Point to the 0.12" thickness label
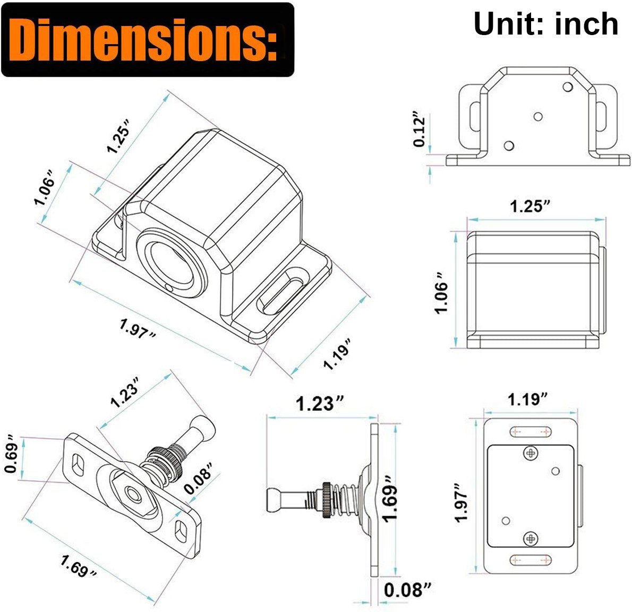click(x=420, y=126)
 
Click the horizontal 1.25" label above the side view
click(x=531, y=207)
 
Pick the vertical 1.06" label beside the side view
click(x=441, y=292)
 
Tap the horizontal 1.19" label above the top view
click(x=527, y=399)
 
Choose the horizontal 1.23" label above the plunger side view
click(x=320, y=404)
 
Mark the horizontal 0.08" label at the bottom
click(x=408, y=590)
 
